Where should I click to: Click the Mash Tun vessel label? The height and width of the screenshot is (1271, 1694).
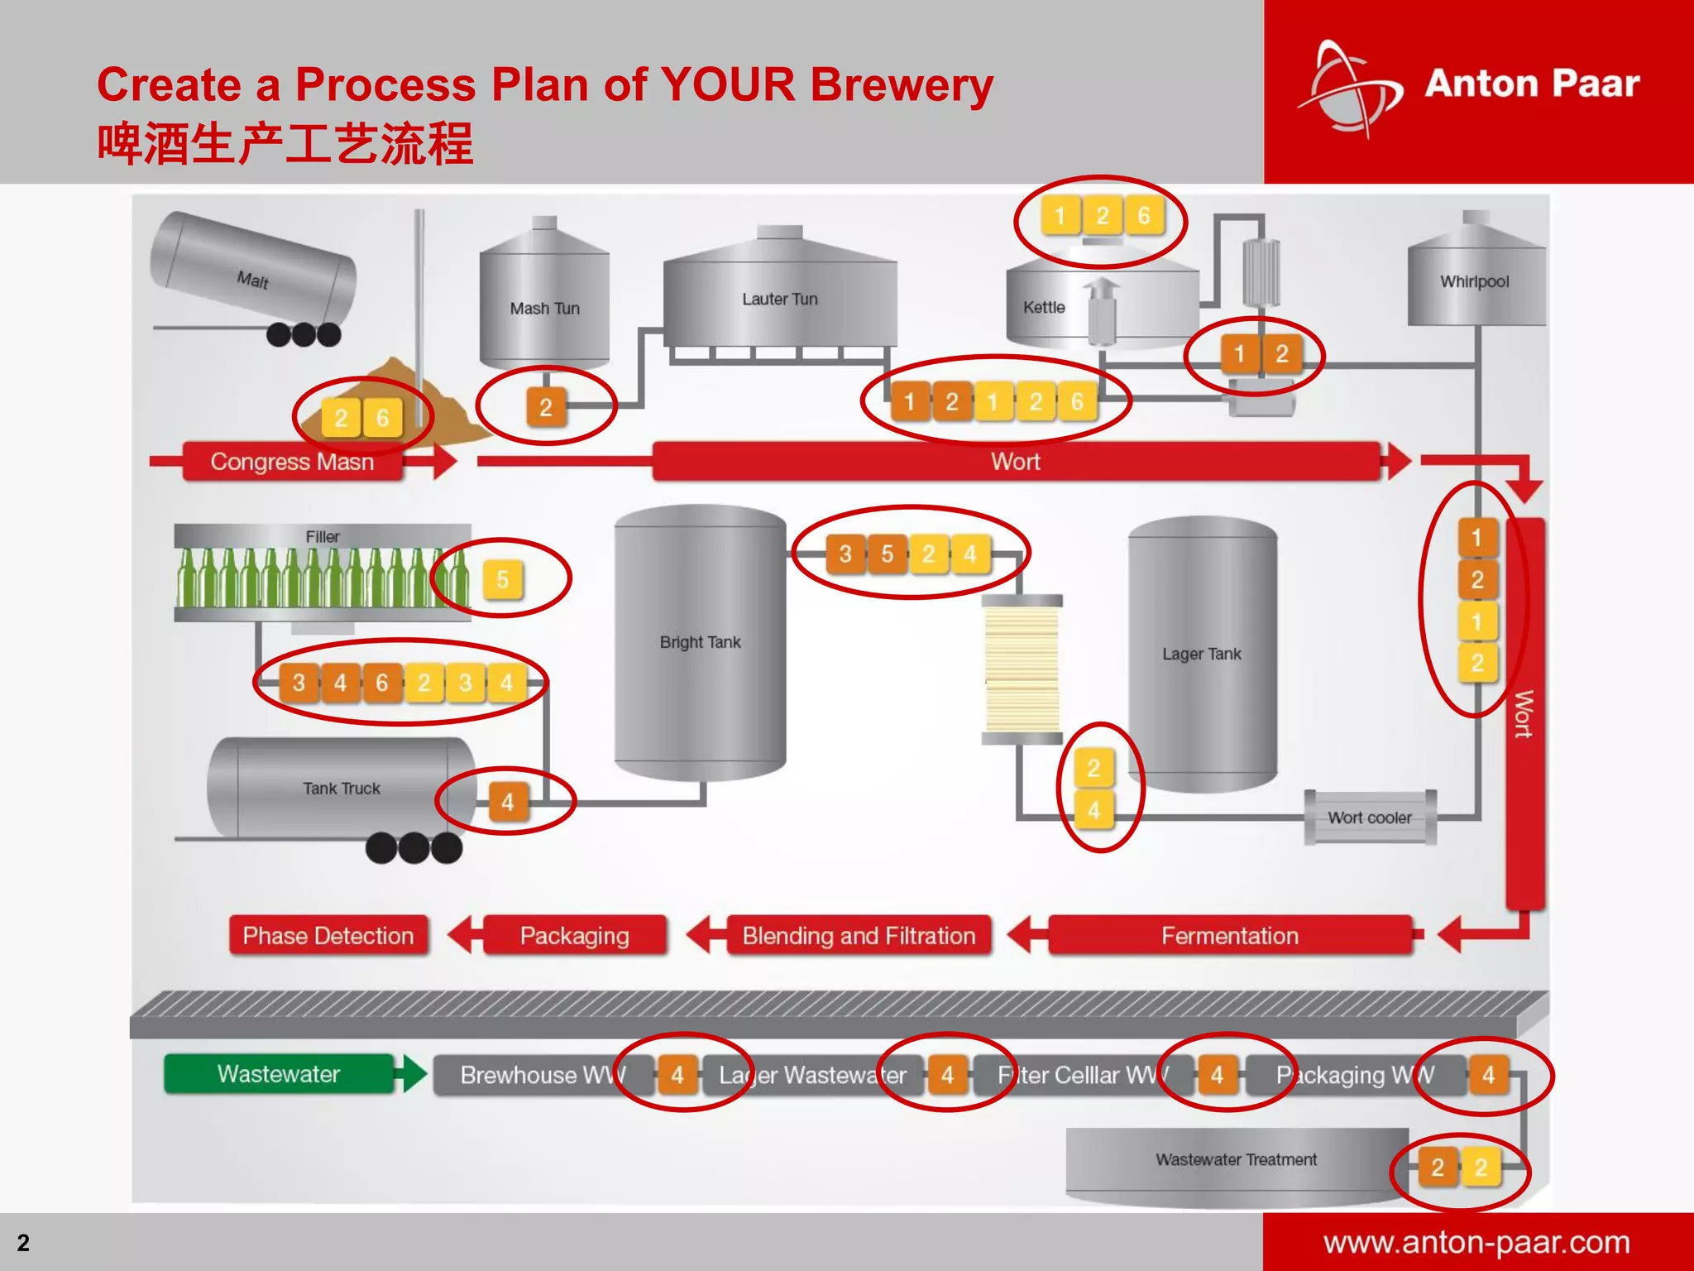(x=544, y=309)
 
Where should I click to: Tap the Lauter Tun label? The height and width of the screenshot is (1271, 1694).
(x=779, y=300)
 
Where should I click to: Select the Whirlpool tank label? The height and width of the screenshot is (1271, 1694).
(x=1474, y=282)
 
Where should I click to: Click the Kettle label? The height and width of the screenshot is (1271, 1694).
(x=1044, y=308)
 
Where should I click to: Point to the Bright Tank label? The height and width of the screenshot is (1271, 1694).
(x=700, y=642)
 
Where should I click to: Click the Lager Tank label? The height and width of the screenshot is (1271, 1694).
(x=1201, y=654)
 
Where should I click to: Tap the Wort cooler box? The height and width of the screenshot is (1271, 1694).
(x=1369, y=818)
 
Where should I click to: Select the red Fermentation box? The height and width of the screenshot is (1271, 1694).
(x=1229, y=936)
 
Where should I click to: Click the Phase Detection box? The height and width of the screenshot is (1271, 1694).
(x=328, y=936)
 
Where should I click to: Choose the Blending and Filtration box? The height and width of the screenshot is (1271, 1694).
(x=859, y=936)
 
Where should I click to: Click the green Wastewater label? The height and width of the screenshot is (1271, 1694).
(x=279, y=1074)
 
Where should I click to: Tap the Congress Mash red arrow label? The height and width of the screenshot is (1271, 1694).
(x=292, y=462)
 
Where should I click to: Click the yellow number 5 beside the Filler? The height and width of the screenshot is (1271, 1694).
(x=502, y=579)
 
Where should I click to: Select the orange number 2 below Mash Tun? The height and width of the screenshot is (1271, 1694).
(x=546, y=407)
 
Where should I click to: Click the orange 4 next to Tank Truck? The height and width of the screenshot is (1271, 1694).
(x=507, y=801)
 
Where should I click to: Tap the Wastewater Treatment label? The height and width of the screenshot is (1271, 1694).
(x=1236, y=1160)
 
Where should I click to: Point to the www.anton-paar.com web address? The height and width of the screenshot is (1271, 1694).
(x=1476, y=1243)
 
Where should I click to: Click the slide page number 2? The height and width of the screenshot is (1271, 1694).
(x=23, y=1243)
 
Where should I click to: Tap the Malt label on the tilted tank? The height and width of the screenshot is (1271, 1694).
(x=252, y=281)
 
